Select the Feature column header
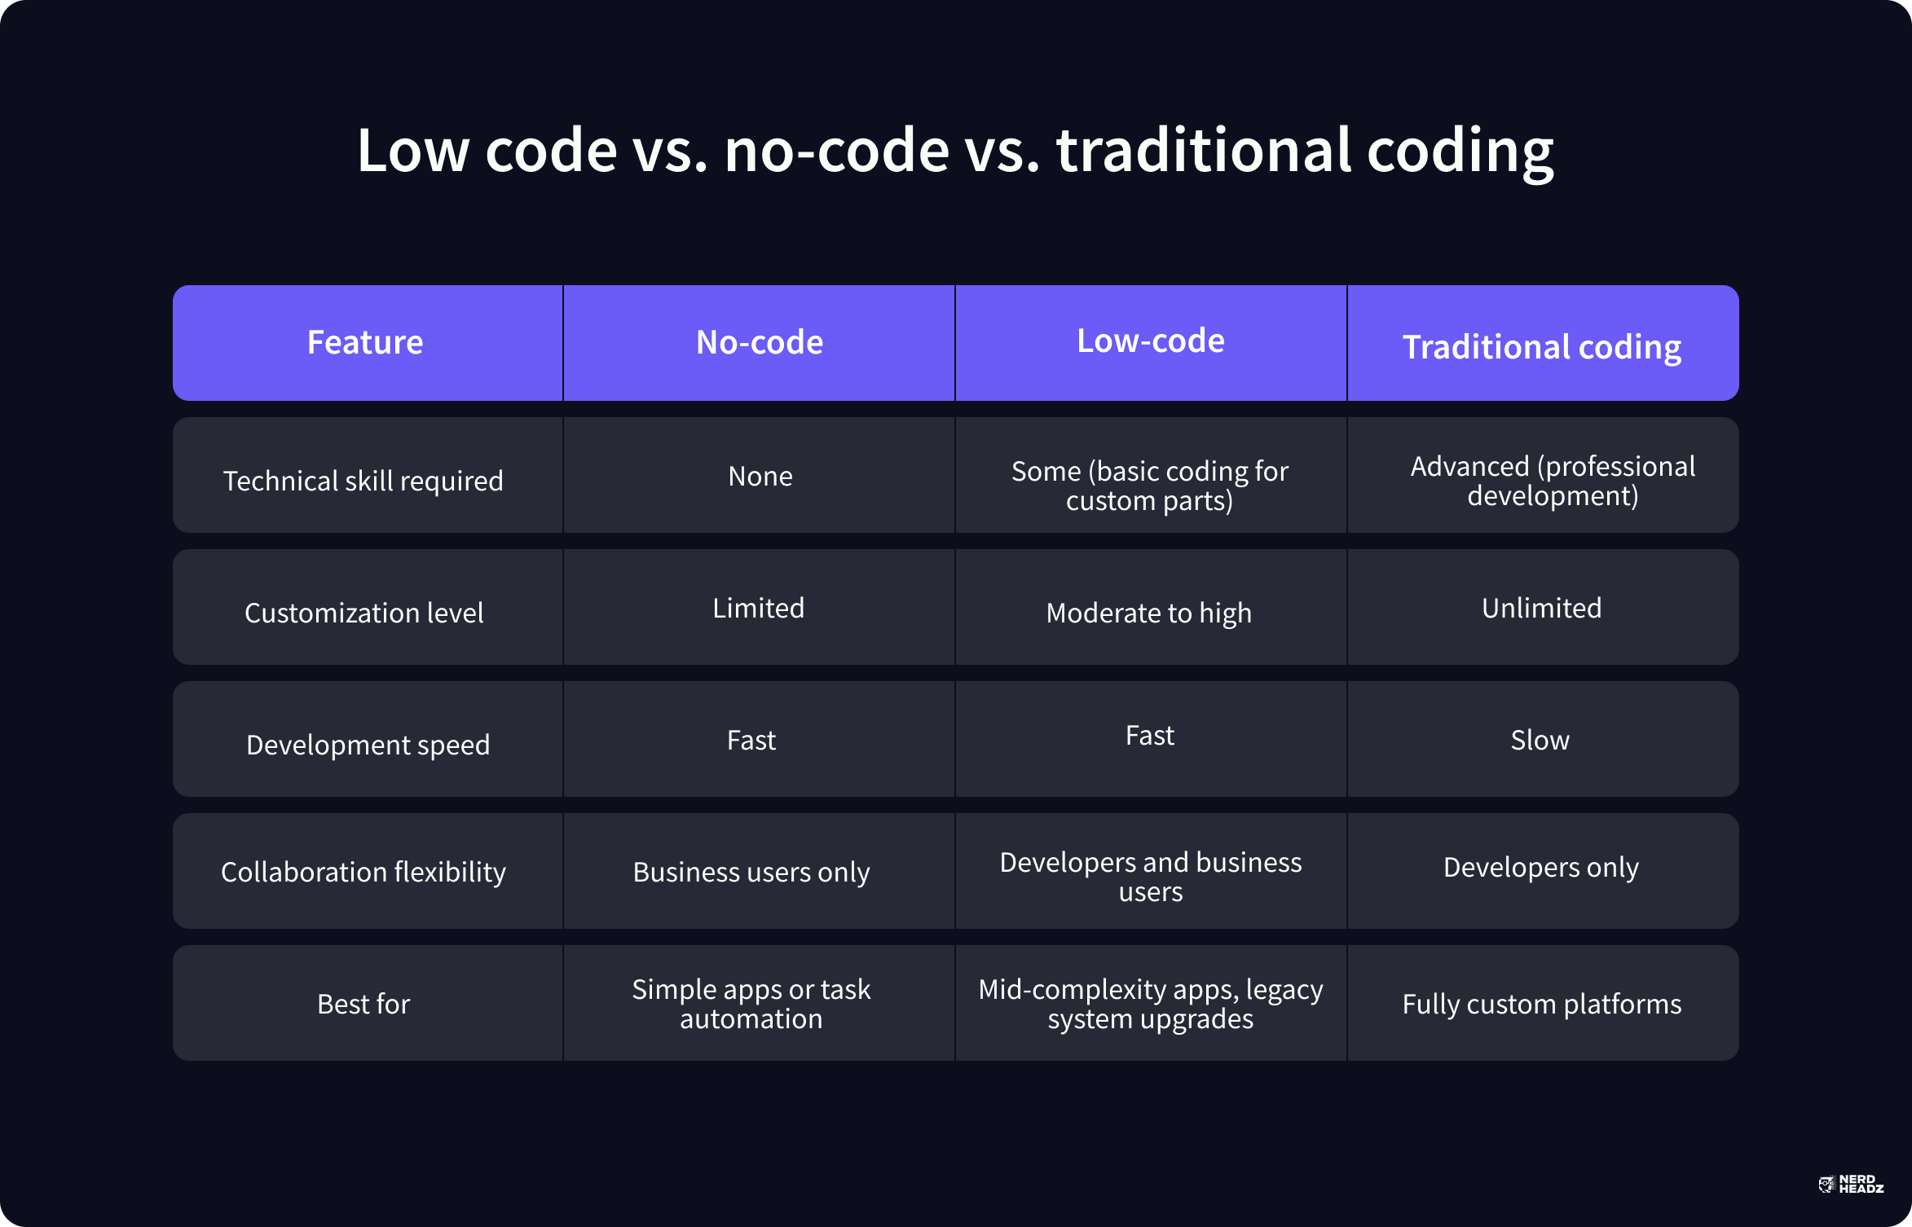click(365, 342)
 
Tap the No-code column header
click(760, 342)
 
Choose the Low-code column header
click(1151, 341)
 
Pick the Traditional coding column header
click(1542, 348)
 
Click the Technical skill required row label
click(363, 482)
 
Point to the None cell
click(760, 477)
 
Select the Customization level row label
click(364, 613)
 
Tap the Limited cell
click(759, 608)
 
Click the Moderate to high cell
click(1149, 613)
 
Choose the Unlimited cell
click(1542, 608)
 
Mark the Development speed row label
click(368, 745)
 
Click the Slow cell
click(1540, 740)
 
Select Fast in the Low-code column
click(1150, 736)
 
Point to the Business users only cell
click(751, 873)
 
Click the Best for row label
click(363, 1004)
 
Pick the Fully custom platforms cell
click(1542, 1005)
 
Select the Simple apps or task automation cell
click(751, 1004)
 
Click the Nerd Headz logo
click(1851, 1185)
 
